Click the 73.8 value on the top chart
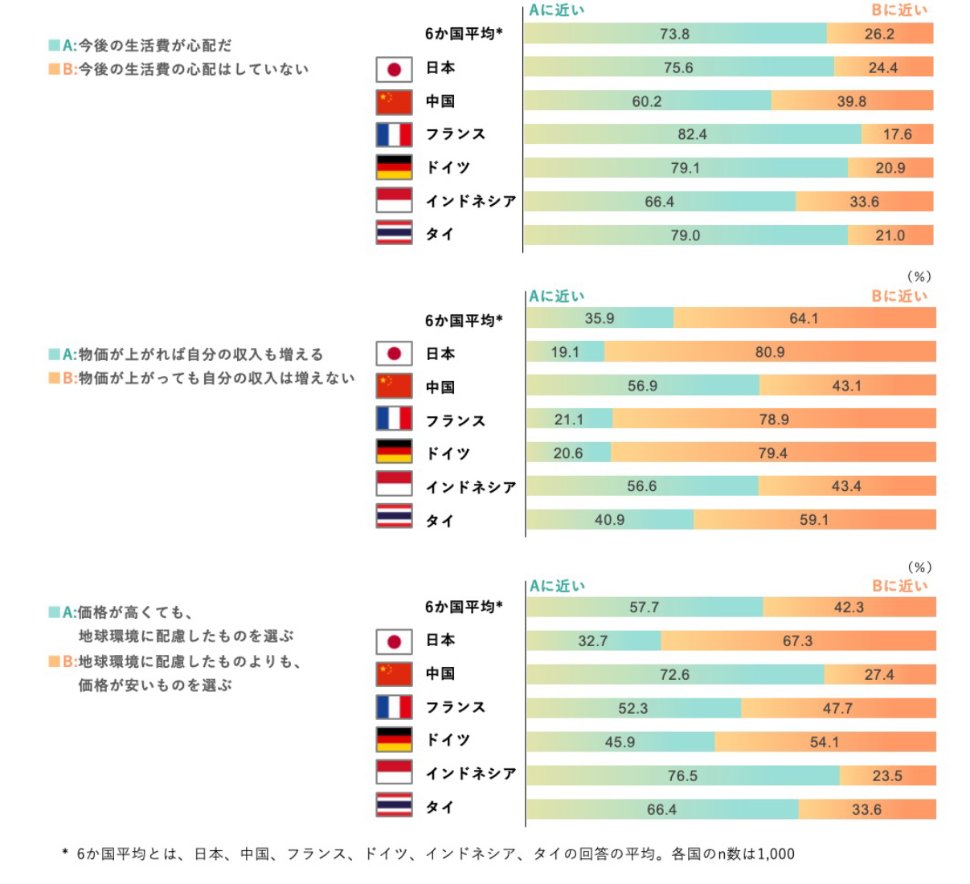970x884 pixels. click(674, 34)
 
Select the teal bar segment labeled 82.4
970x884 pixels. click(692, 134)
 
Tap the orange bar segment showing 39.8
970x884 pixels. click(851, 101)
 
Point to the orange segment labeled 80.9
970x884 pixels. click(770, 352)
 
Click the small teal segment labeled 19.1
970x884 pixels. click(565, 352)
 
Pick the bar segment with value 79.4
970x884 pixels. click(772, 453)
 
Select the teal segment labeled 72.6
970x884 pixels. click(674, 674)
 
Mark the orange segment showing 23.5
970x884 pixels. click(887, 776)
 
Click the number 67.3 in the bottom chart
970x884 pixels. click(797, 640)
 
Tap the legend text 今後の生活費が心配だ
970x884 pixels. click(154, 45)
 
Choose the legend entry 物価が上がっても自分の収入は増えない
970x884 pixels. click(215, 378)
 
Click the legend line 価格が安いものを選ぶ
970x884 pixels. click(154, 686)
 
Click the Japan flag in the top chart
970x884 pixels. click(394, 69)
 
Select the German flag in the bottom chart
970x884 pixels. click(394, 739)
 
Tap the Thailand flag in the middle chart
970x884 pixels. click(394, 516)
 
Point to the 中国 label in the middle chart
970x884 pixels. click(440, 387)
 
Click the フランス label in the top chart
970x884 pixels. click(456, 134)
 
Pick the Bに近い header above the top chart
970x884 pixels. click(899, 10)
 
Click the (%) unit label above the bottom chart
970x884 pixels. click(919, 567)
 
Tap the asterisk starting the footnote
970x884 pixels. click(65, 853)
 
